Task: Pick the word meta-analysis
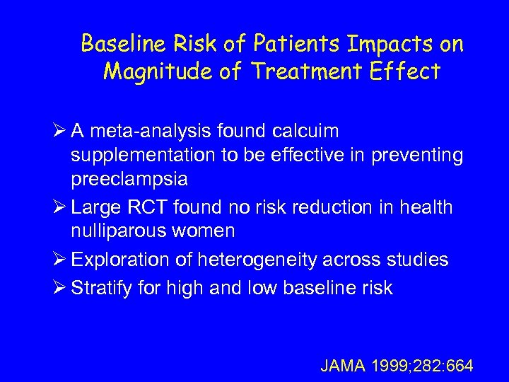coord(152,132)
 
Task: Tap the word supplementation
coord(146,156)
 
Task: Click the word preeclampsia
coord(129,179)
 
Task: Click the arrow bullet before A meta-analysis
coord(59,132)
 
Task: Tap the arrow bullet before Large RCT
coord(59,207)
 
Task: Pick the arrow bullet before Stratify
coord(59,288)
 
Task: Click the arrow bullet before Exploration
coord(59,260)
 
